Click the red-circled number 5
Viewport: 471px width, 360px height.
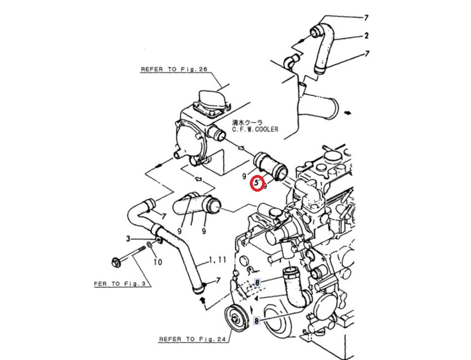click(256, 182)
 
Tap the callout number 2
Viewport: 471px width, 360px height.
click(366, 36)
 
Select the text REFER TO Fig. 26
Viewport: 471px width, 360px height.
click(174, 69)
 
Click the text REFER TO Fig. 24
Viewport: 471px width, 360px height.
click(192, 339)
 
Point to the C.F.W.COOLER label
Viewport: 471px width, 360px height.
click(255, 129)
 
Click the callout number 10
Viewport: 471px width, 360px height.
click(158, 262)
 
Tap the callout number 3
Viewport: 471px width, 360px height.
click(128, 239)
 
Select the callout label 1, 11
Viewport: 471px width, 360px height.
click(217, 259)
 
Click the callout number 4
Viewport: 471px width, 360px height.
click(256, 298)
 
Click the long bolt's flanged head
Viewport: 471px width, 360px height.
click(115, 261)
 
